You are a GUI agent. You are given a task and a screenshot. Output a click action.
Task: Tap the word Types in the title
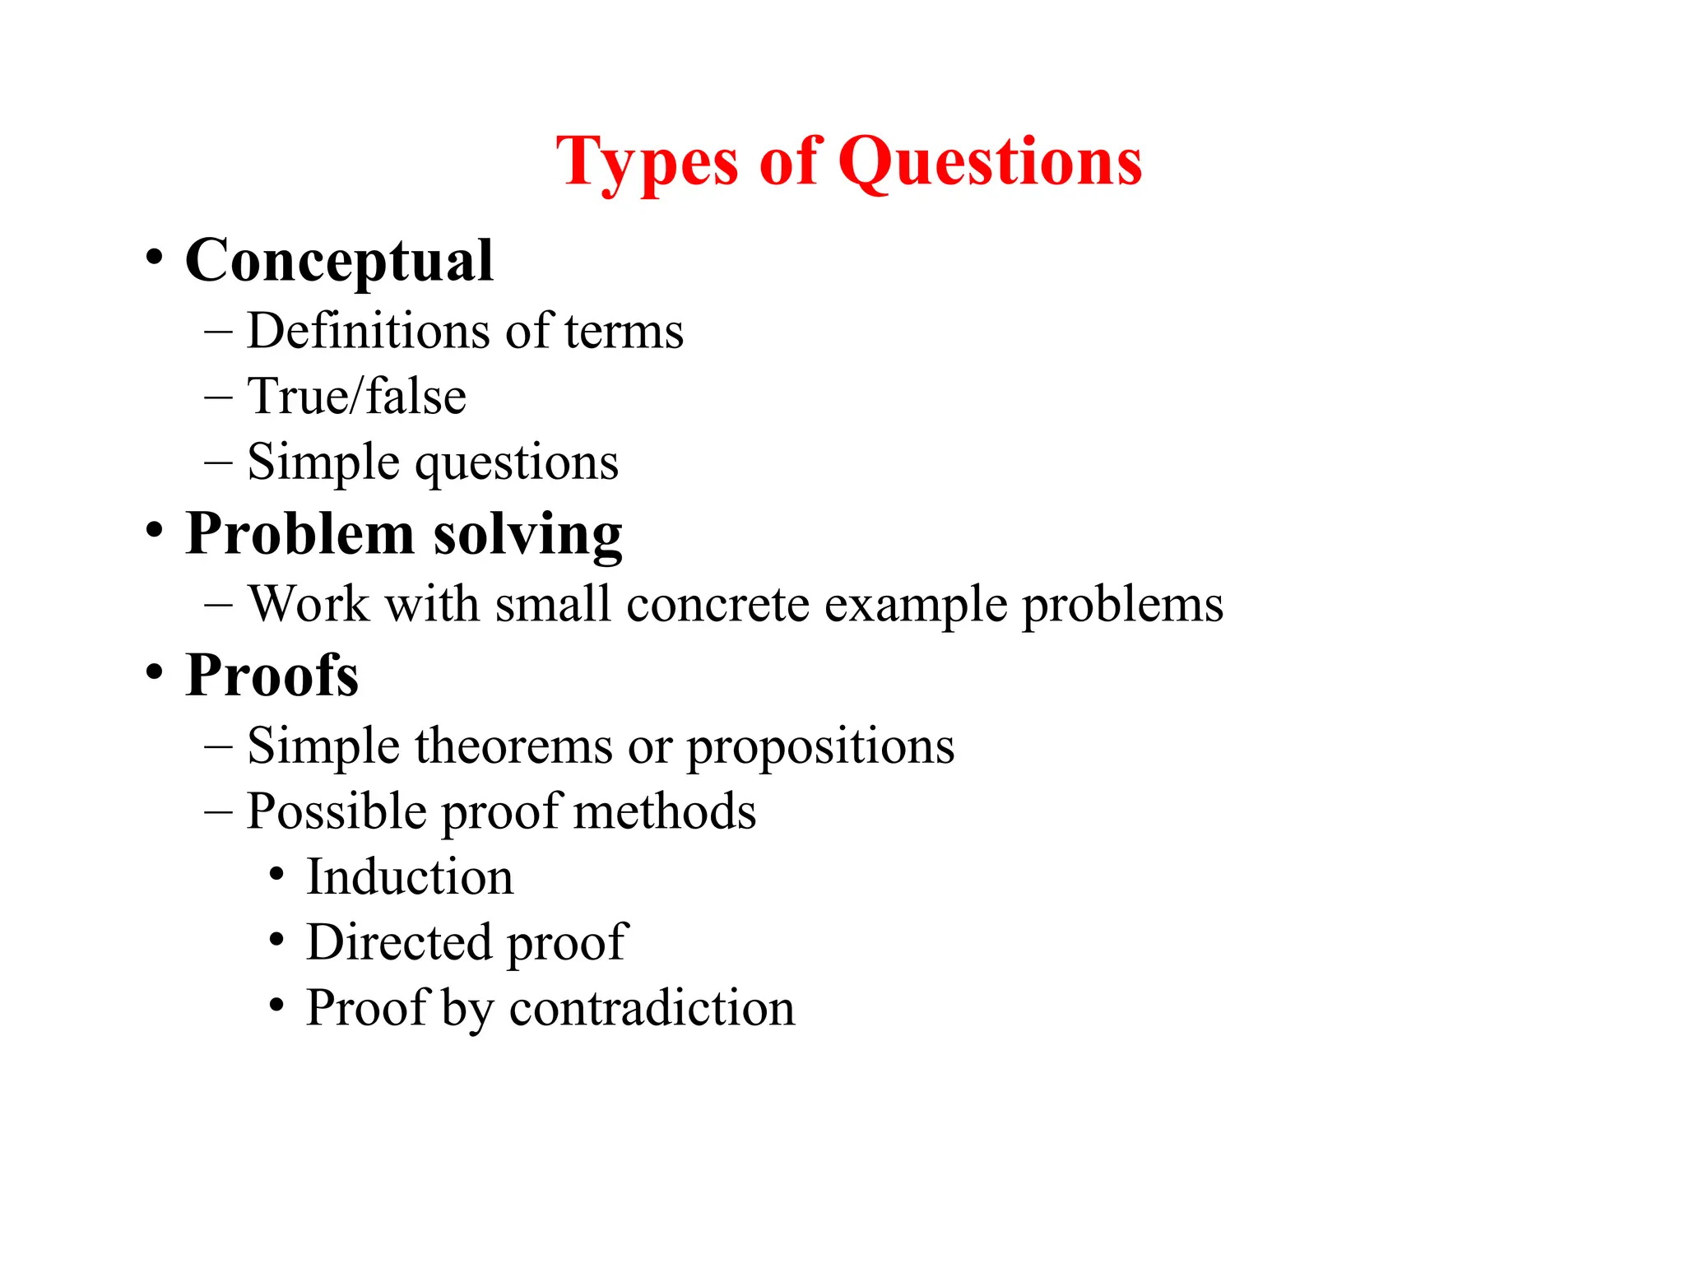point(648,162)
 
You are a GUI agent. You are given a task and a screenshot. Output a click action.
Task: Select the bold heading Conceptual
point(339,261)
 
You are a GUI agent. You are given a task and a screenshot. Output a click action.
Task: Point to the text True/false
point(357,397)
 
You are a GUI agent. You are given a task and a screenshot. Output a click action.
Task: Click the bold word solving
point(527,534)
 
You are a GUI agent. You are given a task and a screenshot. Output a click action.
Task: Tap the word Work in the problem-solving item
point(309,604)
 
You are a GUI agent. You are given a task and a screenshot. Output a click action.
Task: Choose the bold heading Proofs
point(272,676)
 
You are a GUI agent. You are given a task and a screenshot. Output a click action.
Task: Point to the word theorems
point(513,746)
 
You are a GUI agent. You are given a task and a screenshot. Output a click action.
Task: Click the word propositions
point(820,747)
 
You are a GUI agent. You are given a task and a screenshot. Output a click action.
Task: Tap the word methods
point(664,811)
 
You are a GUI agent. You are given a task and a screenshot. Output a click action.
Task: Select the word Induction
point(410,876)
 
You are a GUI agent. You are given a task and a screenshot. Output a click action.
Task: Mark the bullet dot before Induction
point(277,874)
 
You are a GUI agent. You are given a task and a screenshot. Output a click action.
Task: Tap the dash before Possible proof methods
point(218,812)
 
